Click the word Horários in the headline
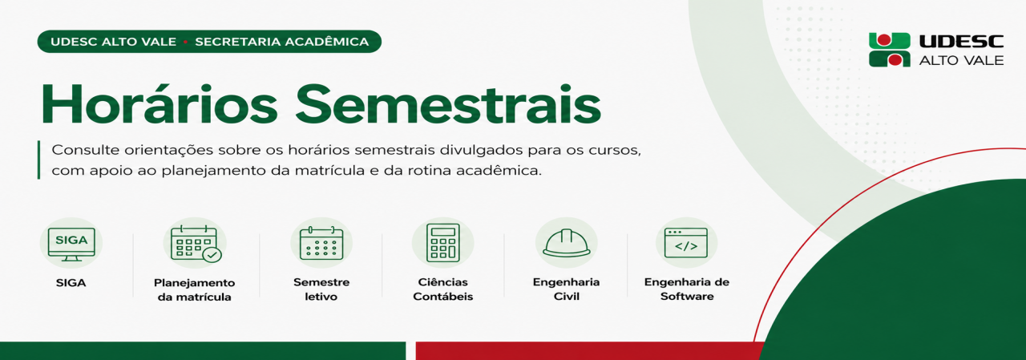pos(160,105)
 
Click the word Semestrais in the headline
pos(448,105)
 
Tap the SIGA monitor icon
pos(71,244)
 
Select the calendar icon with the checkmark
pos(196,244)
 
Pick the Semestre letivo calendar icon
pos(321,243)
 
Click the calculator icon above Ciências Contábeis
pos(443,243)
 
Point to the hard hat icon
pos(567,243)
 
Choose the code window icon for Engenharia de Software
pos(686,243)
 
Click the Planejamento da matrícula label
pos(194,290)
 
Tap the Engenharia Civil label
pos(566,289)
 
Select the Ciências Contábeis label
pos(443,289)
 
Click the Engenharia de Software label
pos(687,289)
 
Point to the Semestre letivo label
pos(321,289)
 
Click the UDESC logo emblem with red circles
pos(890,50)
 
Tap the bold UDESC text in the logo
pos(961,42)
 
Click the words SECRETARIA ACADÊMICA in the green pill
pos(281,42)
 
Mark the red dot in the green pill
pos(185,42)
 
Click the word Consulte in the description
pos(86,150)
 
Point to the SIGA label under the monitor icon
pos(71,282)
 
